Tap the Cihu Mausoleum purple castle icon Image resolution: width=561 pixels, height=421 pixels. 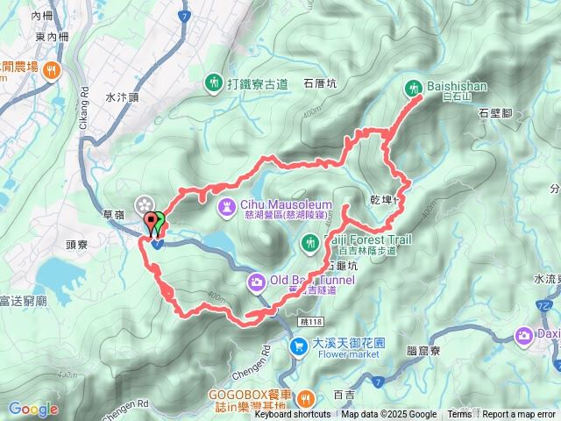[x=227, y=206]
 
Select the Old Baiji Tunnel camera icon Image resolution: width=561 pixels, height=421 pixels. [x=257, y=282]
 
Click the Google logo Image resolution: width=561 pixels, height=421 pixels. [x=33, y=409]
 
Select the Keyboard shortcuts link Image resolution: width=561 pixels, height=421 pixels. [x=293, y=415]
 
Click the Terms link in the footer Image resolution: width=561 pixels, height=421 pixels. [x=459, y=415]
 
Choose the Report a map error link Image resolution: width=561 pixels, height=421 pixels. [x=519, y=415]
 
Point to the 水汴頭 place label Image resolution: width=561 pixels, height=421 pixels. [x=122, y=98]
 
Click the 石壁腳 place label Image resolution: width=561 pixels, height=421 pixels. [x=496, y=113]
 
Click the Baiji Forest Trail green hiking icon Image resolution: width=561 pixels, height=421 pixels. [x=309, y=241]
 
